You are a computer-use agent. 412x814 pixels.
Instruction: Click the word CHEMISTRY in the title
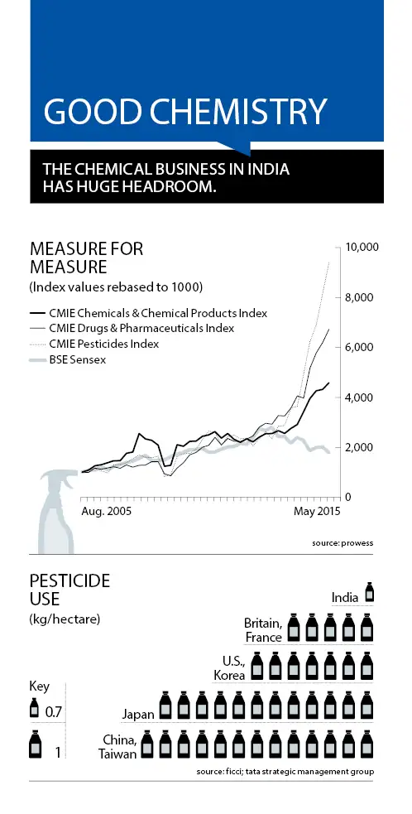(242, 111)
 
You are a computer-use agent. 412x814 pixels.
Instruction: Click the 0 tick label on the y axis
(348, 498)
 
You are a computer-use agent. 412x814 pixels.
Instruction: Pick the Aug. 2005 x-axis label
(106, 512)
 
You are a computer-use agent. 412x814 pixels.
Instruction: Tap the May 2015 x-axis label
(316, 512)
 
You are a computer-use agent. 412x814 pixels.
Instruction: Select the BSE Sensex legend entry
(68, 359)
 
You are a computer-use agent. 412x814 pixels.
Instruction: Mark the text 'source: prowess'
(343, 543)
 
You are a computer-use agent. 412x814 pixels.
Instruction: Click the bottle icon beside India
(370, 592)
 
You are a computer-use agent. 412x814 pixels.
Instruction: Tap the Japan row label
(138, 715)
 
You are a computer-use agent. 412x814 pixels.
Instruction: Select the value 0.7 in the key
(54, 712)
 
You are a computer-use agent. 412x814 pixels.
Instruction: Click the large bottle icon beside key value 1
(36, 743)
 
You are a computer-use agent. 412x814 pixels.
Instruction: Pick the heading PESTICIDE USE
(70, 590)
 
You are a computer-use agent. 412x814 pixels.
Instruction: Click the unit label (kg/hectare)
(65, 619)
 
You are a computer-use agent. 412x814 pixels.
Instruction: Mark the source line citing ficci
(285, 772)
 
